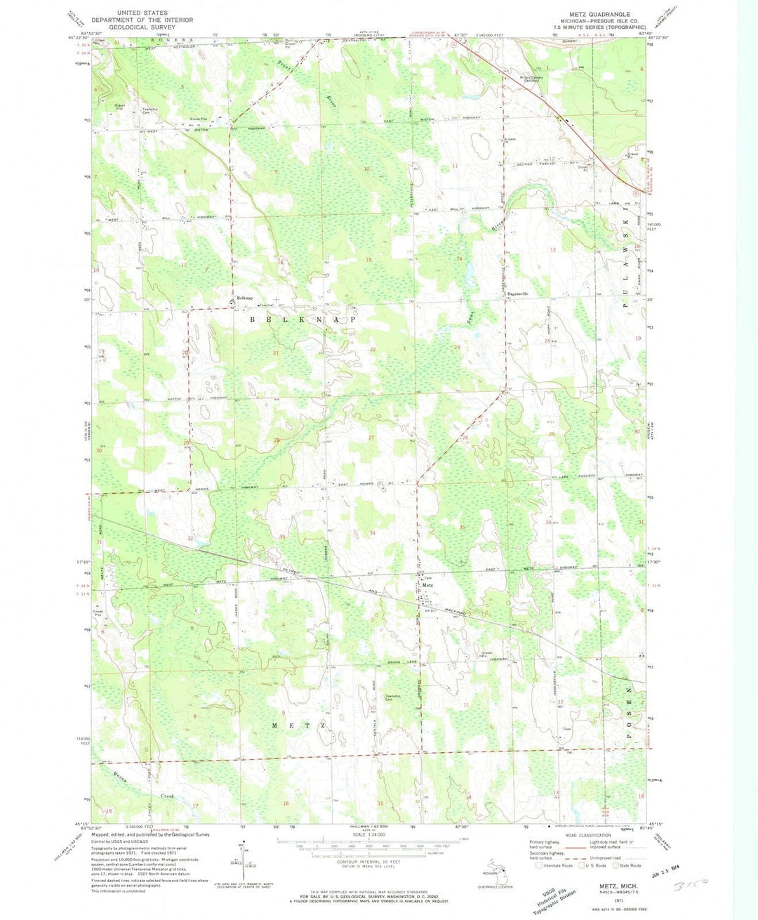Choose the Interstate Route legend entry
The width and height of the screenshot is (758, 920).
coord(557,866)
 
